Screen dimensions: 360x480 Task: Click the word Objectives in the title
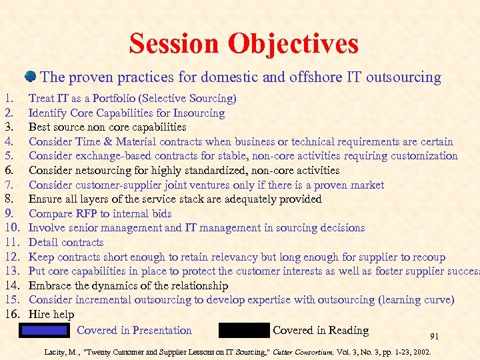294,44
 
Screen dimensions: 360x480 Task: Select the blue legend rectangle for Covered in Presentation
44,330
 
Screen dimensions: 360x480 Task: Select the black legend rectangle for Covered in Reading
243,330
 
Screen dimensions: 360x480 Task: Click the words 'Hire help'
51,314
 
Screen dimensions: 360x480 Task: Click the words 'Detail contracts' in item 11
66,242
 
